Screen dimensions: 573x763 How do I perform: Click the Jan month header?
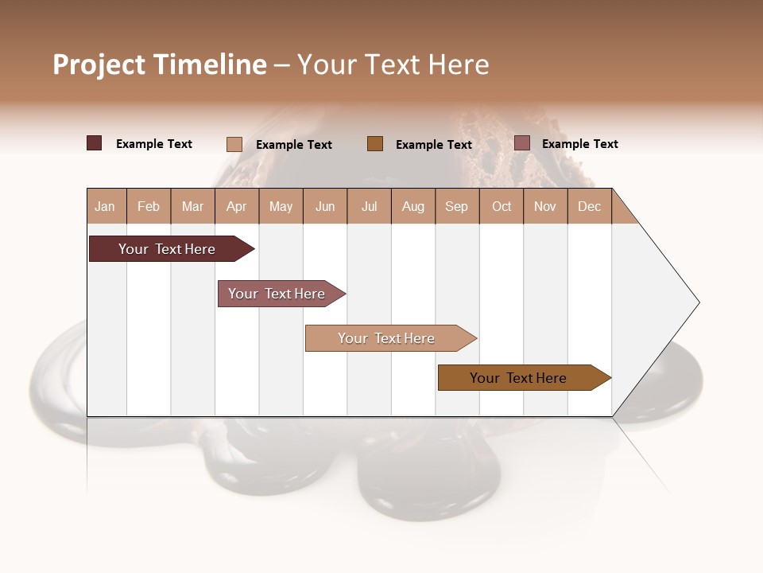[106, 206]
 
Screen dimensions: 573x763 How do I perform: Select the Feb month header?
[149, 206]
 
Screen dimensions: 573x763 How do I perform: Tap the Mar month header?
[192, 206]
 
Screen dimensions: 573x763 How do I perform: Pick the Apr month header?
[237, 206]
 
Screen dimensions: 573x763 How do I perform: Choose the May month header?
[281, 206]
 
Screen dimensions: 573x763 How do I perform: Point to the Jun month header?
[325, 206]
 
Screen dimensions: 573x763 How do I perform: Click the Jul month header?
[369, 206]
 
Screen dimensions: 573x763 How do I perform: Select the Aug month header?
[413, 206]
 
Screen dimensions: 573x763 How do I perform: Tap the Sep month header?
[457, 206]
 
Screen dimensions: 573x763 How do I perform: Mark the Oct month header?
[502, 206]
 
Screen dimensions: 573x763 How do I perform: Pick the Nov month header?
[545, 206]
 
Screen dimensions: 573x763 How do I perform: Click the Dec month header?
[589, 206]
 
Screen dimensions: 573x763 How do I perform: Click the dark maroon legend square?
[95, 143]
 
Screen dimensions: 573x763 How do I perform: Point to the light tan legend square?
[234, 144]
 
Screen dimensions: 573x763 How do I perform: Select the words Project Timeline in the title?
[160, 64]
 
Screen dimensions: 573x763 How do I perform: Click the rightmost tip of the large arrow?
[698, 302]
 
